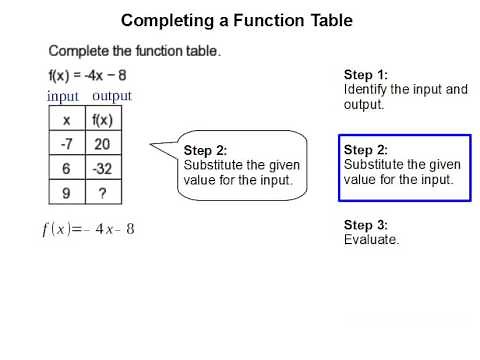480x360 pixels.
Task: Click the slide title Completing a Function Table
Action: click(236, 20)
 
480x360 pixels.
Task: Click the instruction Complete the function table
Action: click(134, 51)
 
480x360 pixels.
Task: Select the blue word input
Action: click(64, 96)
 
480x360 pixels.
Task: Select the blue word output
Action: click(112, 96)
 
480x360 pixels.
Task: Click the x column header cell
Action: click(66, 120)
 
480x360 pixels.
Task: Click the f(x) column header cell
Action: click(103, 120)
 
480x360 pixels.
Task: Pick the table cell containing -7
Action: click(66, 143)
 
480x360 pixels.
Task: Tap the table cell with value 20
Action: click(103, 143)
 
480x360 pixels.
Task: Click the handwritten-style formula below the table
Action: click(88, 229)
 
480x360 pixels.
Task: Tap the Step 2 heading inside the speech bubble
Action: click(206, 151)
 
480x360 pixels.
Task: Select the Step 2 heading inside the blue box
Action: click(365, 150)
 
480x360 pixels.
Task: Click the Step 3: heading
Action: click(365, 225)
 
